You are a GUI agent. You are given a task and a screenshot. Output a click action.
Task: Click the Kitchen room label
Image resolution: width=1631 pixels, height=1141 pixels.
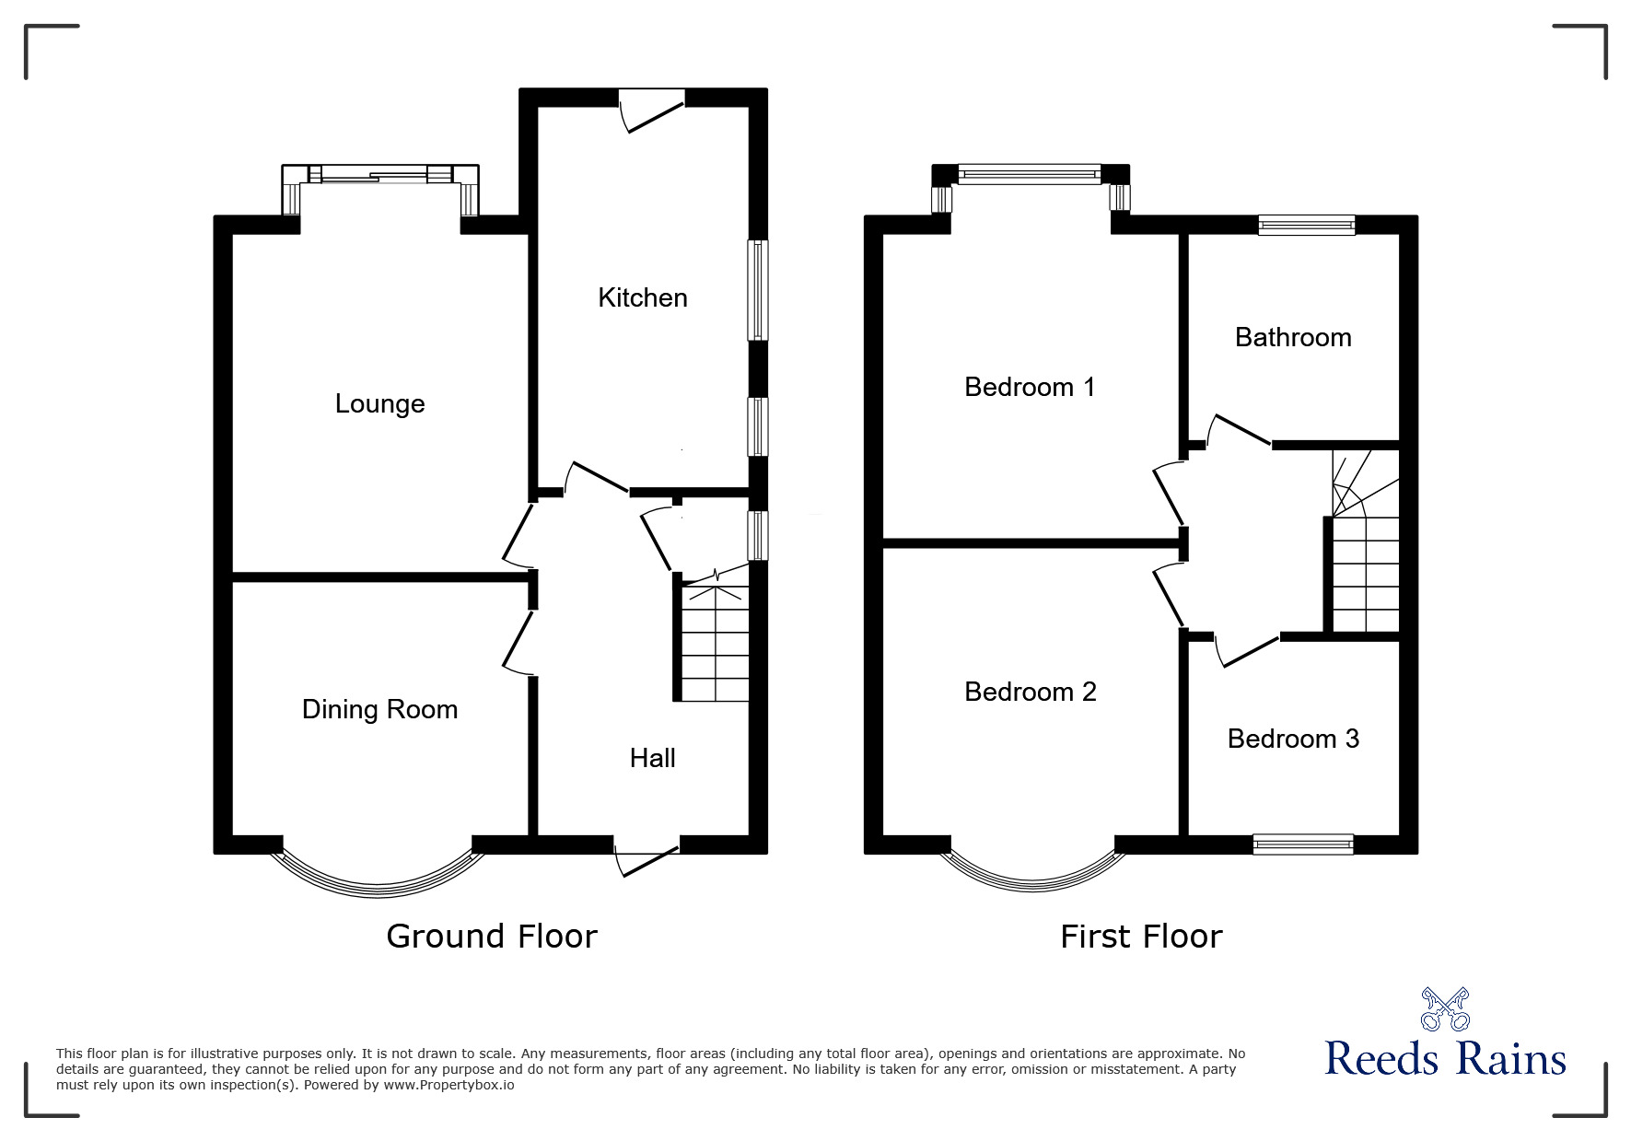point(642,297)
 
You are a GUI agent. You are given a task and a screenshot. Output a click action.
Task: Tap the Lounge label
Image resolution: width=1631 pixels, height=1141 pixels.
point(379,403)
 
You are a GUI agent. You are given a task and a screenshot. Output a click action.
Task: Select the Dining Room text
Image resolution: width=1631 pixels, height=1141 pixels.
point(379,709)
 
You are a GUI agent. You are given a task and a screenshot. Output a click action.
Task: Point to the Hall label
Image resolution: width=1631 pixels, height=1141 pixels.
point(652,758)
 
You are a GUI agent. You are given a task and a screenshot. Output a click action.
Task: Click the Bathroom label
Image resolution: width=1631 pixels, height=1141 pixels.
point(1292,337)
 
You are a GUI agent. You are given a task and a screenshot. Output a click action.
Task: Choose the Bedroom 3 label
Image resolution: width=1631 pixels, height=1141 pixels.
point(1292,739)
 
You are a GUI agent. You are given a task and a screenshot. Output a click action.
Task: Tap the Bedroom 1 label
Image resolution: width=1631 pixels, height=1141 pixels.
point(1030,387)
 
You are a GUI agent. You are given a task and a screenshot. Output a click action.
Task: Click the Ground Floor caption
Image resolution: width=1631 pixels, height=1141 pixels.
point(491,937)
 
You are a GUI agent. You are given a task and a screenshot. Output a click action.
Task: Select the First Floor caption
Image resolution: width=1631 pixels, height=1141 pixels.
point(1140,937)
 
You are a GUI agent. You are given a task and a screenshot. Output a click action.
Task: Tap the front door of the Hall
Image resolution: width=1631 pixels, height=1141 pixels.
point(647,856)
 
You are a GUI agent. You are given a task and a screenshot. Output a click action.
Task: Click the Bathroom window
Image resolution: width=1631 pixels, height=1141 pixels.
point(1306,224)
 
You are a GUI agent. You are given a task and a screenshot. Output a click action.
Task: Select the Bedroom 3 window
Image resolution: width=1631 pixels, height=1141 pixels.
point(1302,843)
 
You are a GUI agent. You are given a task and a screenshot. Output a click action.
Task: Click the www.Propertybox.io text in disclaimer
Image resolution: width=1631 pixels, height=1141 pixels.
point(449,1085)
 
